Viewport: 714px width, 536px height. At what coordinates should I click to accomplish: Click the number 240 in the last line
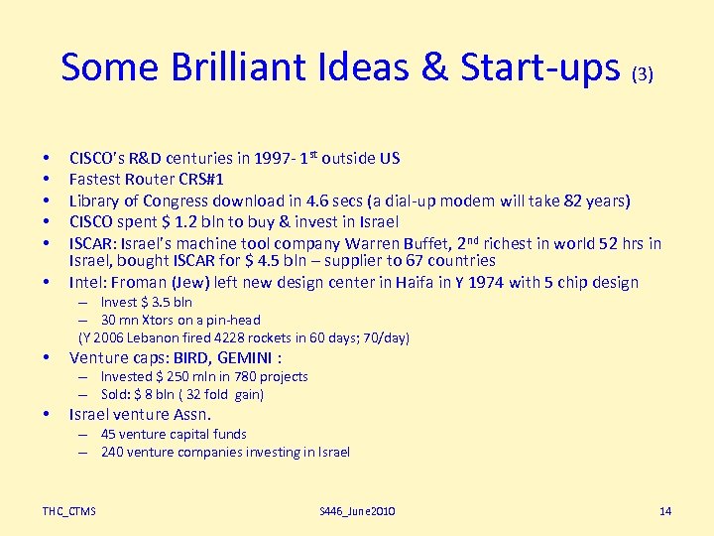pos(112,453)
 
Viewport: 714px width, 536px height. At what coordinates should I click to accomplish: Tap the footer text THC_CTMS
pos(69,511)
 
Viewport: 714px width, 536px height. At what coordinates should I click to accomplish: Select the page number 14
pos(665,511)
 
